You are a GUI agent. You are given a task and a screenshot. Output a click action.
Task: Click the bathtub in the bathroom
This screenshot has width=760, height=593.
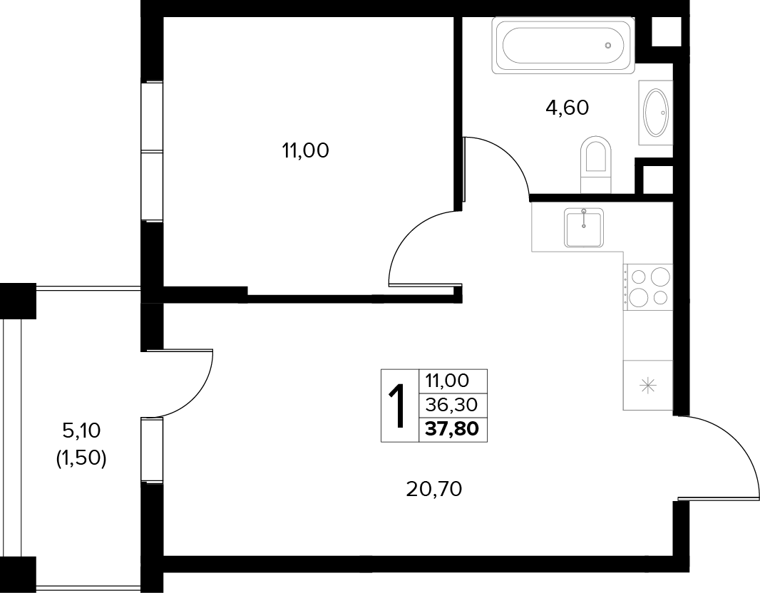pos(563,46)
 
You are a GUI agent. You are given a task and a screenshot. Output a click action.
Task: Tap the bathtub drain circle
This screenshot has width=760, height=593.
pos(608,46)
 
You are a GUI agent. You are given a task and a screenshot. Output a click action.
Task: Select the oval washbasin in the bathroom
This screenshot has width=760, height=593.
pos(656,113)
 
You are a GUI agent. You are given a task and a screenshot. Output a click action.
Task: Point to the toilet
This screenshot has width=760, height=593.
pos(595,165)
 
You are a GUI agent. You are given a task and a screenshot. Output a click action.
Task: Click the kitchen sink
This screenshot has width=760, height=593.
pos(584,227)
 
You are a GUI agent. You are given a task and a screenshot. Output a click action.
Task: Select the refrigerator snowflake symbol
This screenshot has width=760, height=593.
pos(648,386)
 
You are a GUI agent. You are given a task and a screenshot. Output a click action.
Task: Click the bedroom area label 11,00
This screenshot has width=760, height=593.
pos(305,151)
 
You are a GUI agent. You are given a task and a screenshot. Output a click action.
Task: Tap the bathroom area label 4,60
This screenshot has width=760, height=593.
pos(567,108)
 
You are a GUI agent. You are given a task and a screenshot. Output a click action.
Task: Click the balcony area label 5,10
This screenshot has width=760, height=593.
pos(81,430)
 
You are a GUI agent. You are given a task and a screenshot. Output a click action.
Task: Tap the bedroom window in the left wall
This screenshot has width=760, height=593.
pos(152,151)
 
